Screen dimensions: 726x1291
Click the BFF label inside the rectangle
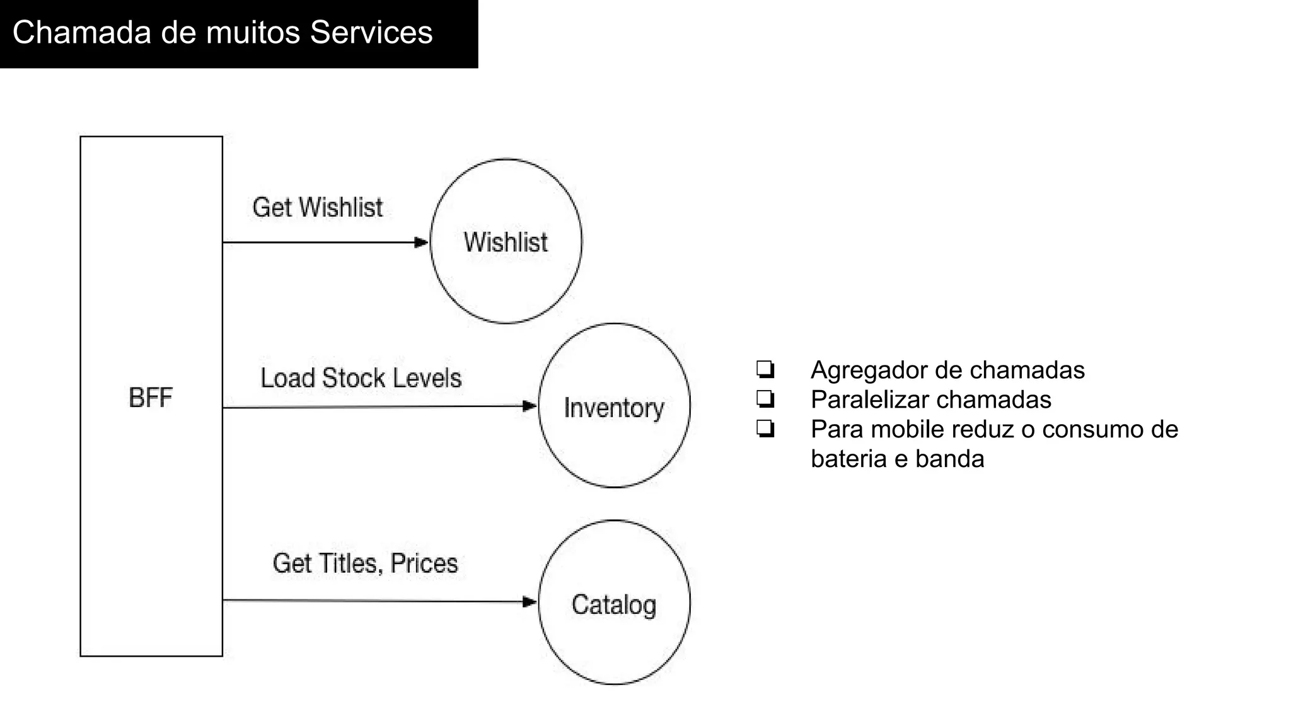150,398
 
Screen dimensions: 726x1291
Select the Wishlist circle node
506,241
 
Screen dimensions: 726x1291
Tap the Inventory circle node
614,406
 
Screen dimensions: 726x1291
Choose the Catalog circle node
614,603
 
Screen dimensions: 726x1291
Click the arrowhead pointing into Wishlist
421,242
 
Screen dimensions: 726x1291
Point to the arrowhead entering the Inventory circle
530,406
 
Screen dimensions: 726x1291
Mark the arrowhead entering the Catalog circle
530,602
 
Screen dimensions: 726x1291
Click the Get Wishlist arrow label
317,207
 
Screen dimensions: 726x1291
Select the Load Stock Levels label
361,378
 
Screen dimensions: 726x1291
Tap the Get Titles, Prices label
365,563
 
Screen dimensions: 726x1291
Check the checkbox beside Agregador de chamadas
765,369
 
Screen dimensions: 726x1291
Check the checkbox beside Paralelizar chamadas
765,399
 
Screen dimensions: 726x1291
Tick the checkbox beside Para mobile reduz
765,429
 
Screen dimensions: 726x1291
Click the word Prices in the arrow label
424,563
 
